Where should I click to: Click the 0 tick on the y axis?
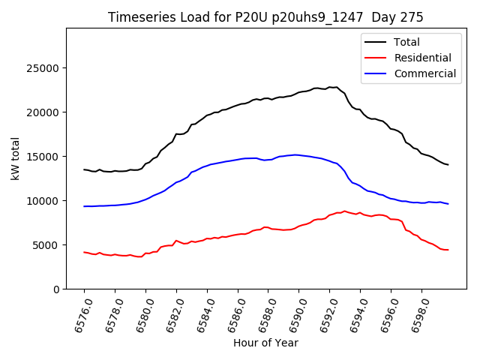pyautogui.click(x=56, y=289)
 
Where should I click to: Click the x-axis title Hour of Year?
pyautogui.click(x=265, y=343)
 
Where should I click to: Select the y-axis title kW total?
pyautogui.click(x=16, y=158)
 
